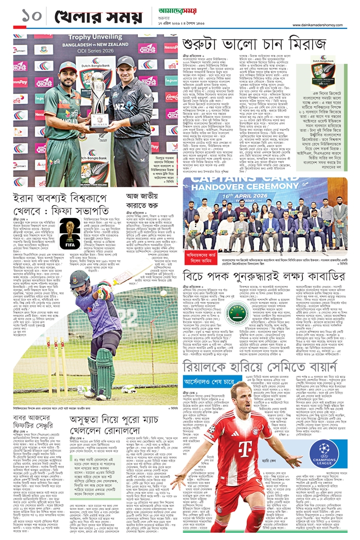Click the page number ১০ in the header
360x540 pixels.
27,15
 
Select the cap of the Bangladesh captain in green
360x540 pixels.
67,66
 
